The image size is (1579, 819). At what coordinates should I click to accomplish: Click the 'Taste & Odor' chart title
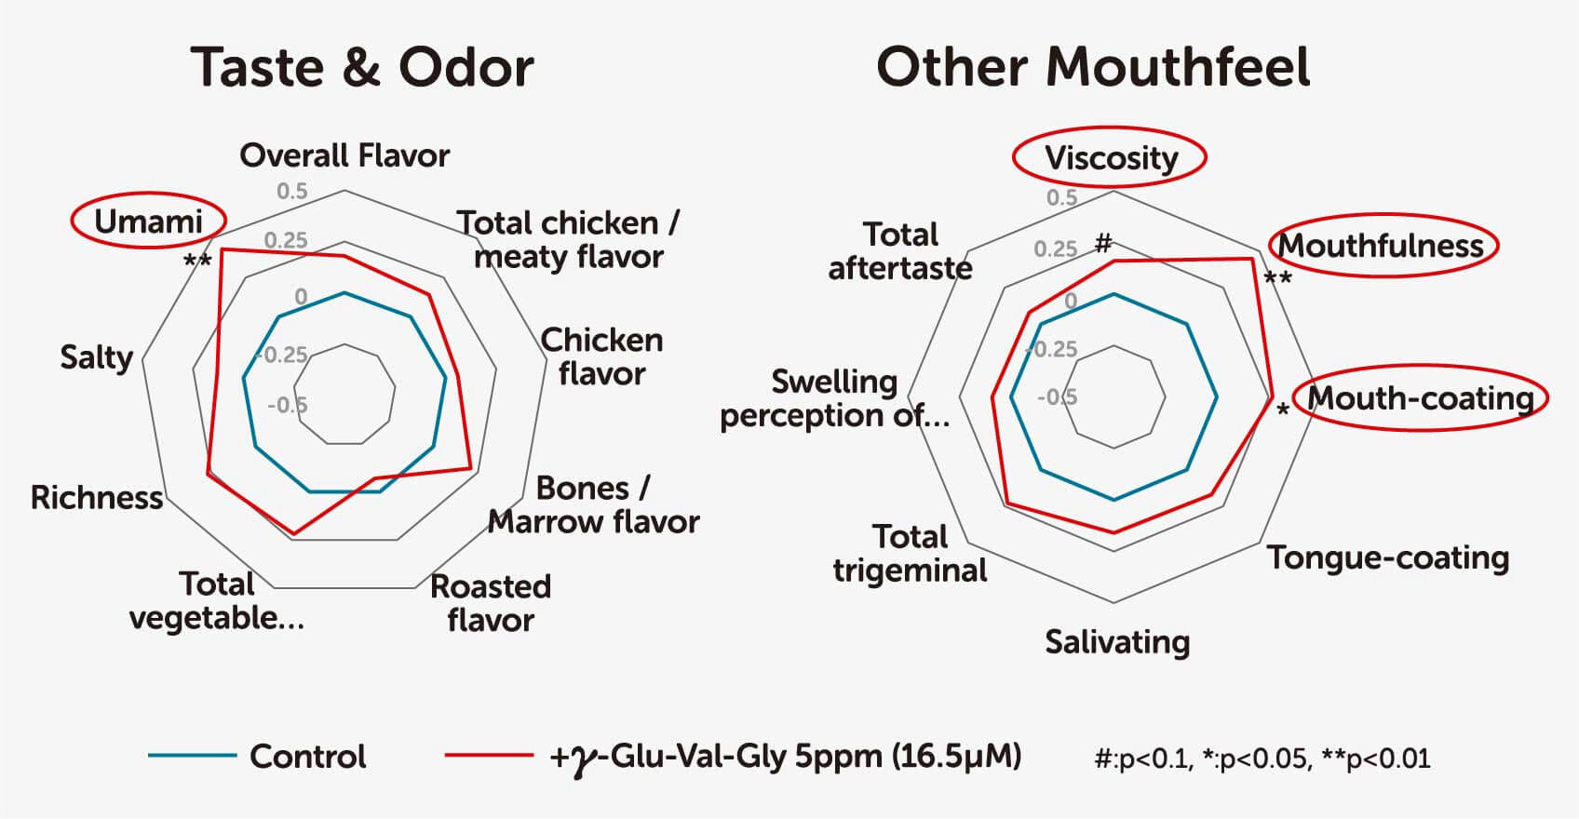pyautogui.click(x=362, y=68)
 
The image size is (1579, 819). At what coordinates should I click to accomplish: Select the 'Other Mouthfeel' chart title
pyautogui.click(x=1093, y=67)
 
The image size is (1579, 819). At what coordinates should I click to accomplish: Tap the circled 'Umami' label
pyautogui.click(x=149, y=222)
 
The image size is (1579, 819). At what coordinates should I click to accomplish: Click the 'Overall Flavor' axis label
pyautogui.click(x=344, y=155)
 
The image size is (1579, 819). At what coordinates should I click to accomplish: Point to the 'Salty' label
pyautogui.click(x=97, y=357)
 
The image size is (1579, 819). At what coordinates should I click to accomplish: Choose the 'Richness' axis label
pyautogui.click(x=97, y=497)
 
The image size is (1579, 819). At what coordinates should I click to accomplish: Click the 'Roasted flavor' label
pyautogui.click(x=491, y=603)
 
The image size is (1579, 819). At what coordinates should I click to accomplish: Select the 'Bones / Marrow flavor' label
pyautogui.click(x=594, y=504)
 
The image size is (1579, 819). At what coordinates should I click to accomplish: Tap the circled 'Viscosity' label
pyautogui.click(x=1111, y=158)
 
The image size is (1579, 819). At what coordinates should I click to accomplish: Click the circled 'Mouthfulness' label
pyautogui.click(x=1381, y=246)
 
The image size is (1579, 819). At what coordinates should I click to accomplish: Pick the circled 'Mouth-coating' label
pyautogui.click(x=1421, y=398)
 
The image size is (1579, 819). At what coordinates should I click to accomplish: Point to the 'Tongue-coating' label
pyautogui.click(x=1388, y=557)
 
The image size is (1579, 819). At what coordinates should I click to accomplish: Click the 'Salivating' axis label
pyautogui.click(x=1117, y=642)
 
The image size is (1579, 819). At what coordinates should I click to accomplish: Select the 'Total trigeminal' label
pyautogui.click(x=910, y=554)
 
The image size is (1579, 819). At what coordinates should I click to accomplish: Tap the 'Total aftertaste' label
pyautogui.click(x=900, y=251)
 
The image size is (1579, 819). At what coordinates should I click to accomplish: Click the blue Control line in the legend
pyautogui.click(x=192, y=756)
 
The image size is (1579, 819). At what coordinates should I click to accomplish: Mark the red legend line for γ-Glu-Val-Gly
pyautogui.click(x=489, y=756)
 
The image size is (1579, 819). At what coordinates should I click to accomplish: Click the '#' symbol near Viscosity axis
pyautogui.click(x=1103, y=243)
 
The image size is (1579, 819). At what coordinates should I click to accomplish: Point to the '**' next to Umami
pyautogui.click(x=197, y=262)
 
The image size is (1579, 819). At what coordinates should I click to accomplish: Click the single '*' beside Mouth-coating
pyautogui.click(x=1283, y=409)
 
